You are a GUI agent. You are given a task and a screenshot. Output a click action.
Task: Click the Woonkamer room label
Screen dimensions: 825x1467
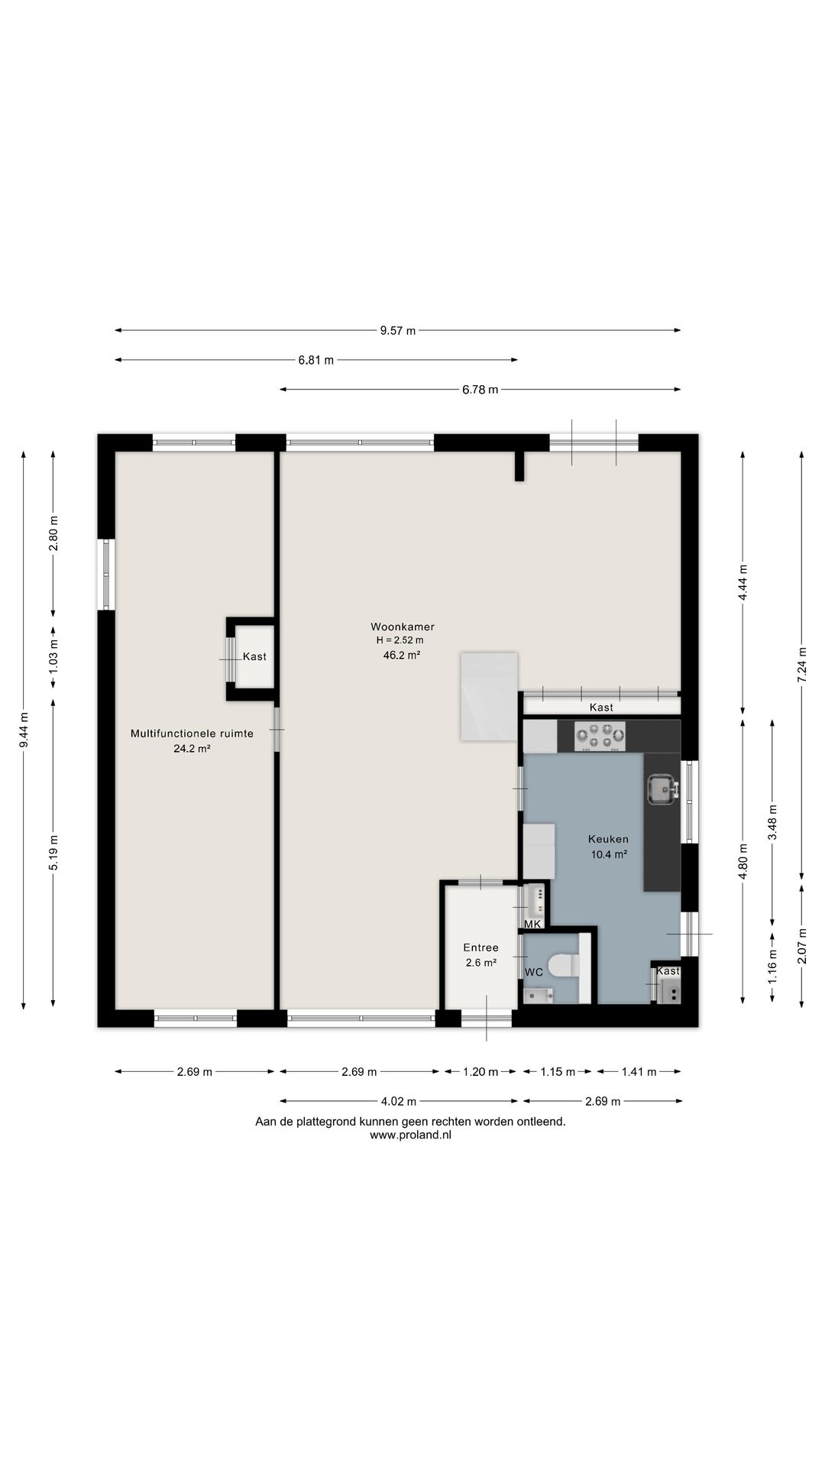[x=403, y=627]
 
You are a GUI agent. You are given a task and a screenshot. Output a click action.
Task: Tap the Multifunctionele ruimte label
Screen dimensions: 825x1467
[x=192, y=733]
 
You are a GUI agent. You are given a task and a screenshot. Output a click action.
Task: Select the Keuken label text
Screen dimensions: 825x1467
[x=608, y=839]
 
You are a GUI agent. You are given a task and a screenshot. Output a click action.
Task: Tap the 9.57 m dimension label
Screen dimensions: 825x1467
[x=398, y=331]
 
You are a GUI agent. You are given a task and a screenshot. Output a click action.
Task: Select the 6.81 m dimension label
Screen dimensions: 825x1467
[x=316, y=361]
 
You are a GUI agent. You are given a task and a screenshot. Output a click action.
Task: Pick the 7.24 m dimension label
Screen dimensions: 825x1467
[x=801, y=665]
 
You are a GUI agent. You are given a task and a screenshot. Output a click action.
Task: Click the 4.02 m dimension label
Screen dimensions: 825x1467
[x=398, y=1102]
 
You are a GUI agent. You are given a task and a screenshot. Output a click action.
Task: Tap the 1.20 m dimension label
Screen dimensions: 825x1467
[x=480, y=1072]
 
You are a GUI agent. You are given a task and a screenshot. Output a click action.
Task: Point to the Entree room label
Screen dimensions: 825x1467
[x=480, y=948]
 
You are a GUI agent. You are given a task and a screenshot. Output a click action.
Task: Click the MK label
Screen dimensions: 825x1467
[x=532, y=925]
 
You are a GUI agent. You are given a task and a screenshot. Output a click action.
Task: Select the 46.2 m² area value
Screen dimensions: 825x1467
[x=402, y=655]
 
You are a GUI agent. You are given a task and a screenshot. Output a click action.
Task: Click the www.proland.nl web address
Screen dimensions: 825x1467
[x=410, y=1135]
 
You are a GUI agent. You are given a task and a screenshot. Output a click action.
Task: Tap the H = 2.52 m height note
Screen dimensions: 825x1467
[x=400, y=640]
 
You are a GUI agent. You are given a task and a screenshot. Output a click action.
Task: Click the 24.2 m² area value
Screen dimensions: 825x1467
[x=192, y=749]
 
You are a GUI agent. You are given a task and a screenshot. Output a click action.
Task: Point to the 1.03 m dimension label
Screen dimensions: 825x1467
[x=53, y=656]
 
